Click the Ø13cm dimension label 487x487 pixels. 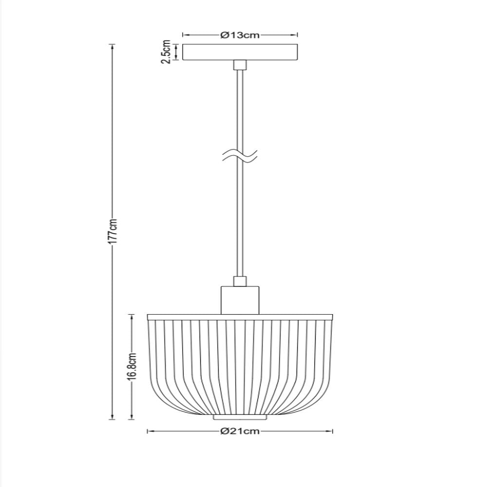[x=240, y=35]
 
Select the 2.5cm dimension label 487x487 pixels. [x=166, y=52]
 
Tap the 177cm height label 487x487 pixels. [x=113, y=231]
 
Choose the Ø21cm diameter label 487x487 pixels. [x=240, y=431]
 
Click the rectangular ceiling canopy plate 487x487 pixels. [x=240, y=52]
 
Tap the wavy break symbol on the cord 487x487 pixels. [x=240, y=155]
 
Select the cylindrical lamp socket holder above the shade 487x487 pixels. [x=240, y=300]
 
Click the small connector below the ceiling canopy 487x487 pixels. [x=240, y=65]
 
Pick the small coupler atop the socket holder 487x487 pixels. [x=240, y=281]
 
